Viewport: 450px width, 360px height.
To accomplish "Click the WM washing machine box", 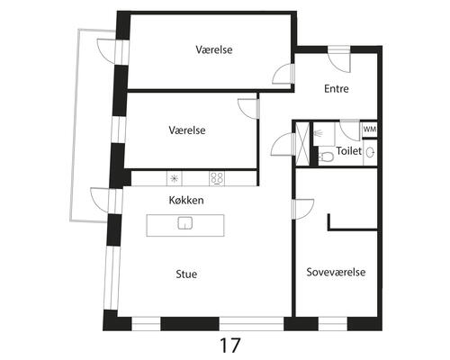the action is (x=369, y=130).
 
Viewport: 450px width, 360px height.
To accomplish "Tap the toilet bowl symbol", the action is (x=325, y=157).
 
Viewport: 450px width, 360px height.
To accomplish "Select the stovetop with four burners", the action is (x=217, y=178).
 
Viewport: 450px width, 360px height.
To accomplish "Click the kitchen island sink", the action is (x=185, y=223).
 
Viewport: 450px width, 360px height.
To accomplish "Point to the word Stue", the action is (x=186, y=274).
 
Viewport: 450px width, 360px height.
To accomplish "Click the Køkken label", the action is (x=186, y=200).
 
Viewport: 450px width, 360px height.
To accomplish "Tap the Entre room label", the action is (x=337, y=89).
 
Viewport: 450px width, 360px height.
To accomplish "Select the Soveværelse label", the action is (x=336, y=272).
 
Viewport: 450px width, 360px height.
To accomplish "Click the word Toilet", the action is (x=349, y=150).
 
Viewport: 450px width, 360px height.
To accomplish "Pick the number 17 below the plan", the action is (x=230, y=346).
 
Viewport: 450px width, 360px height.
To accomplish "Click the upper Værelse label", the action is (x=214, y=49).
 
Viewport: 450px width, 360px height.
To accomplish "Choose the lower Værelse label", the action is (x=187, y=130).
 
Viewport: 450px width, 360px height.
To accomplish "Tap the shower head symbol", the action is (x=318, y=133).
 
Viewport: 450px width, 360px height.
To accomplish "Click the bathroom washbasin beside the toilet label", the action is (x=370, y=152).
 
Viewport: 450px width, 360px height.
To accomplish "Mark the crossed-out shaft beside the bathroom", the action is (x=302, y=143).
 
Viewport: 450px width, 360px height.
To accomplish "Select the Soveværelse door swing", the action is (x=303, y=209).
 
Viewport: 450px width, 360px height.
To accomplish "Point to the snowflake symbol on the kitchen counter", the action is (x=174, y=178).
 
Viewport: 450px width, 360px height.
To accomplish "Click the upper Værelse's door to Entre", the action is (x=283, y=74).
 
